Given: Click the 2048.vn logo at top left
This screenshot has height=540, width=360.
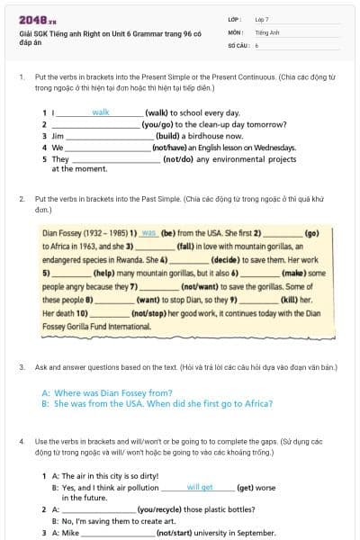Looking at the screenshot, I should click(x=32, y=20).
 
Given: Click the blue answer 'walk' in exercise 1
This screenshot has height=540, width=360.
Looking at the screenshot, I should click(x=100, y=112).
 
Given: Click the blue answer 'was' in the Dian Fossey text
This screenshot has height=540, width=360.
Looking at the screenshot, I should click(x=149, y=232).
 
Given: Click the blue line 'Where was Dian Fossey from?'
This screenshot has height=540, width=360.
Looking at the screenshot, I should click(x=107, y=392).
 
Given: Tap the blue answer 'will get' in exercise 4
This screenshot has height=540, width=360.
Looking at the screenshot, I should click(x=200, y=487).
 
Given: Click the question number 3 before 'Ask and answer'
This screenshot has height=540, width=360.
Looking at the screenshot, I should click(x=22, y=367).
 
